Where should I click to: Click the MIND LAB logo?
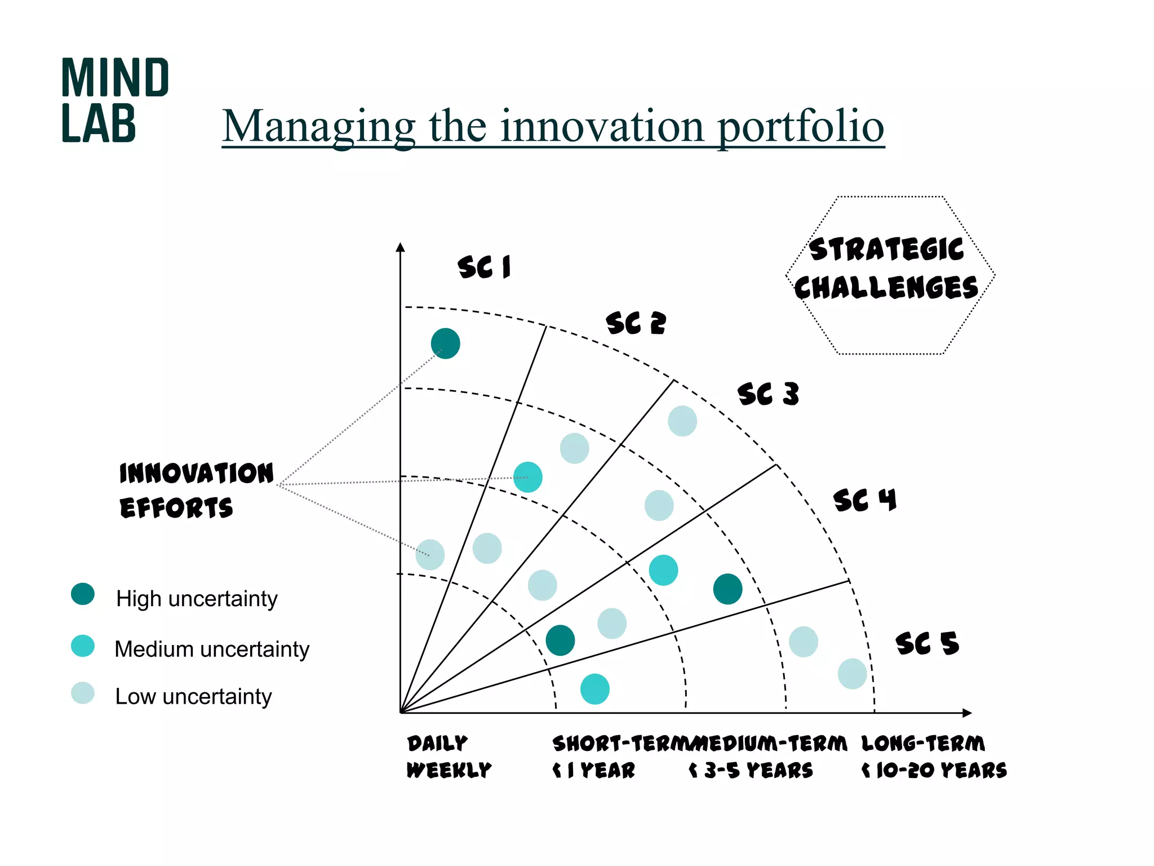(114, 100)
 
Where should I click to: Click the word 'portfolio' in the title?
(800, 126)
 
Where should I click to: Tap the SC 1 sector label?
(484, 267)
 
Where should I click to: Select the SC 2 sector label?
(636, 323)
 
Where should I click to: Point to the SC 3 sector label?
(768, 394)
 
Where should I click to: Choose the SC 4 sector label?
(864, 500)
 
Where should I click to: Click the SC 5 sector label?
(927, 643)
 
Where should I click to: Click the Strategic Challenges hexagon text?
(887, 269)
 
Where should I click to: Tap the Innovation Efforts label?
(196, 490)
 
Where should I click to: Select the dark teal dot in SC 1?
(445, 343)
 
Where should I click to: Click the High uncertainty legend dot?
(83, 594)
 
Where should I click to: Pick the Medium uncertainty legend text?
(212, 649)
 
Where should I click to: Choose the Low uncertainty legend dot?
(83, 693)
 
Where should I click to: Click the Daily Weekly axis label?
(448, 756)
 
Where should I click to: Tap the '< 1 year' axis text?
(594, 770)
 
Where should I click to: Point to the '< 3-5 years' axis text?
(751, 770)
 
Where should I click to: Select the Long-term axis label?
(923, 743)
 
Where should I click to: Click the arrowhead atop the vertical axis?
(401, 247)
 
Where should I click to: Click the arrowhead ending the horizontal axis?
(967, 713)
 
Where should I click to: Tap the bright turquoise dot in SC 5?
(594, 689)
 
